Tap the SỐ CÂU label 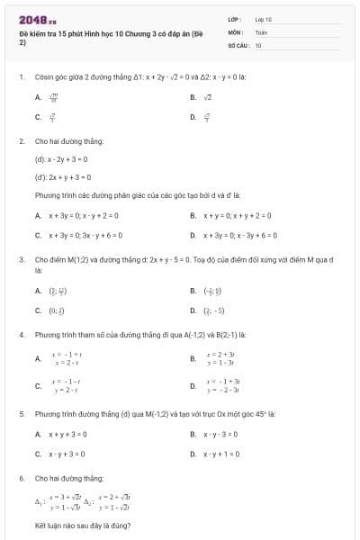237,44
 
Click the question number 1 21,77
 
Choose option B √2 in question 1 207,96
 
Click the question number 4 21,335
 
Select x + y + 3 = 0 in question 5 67,434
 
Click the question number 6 21,478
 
